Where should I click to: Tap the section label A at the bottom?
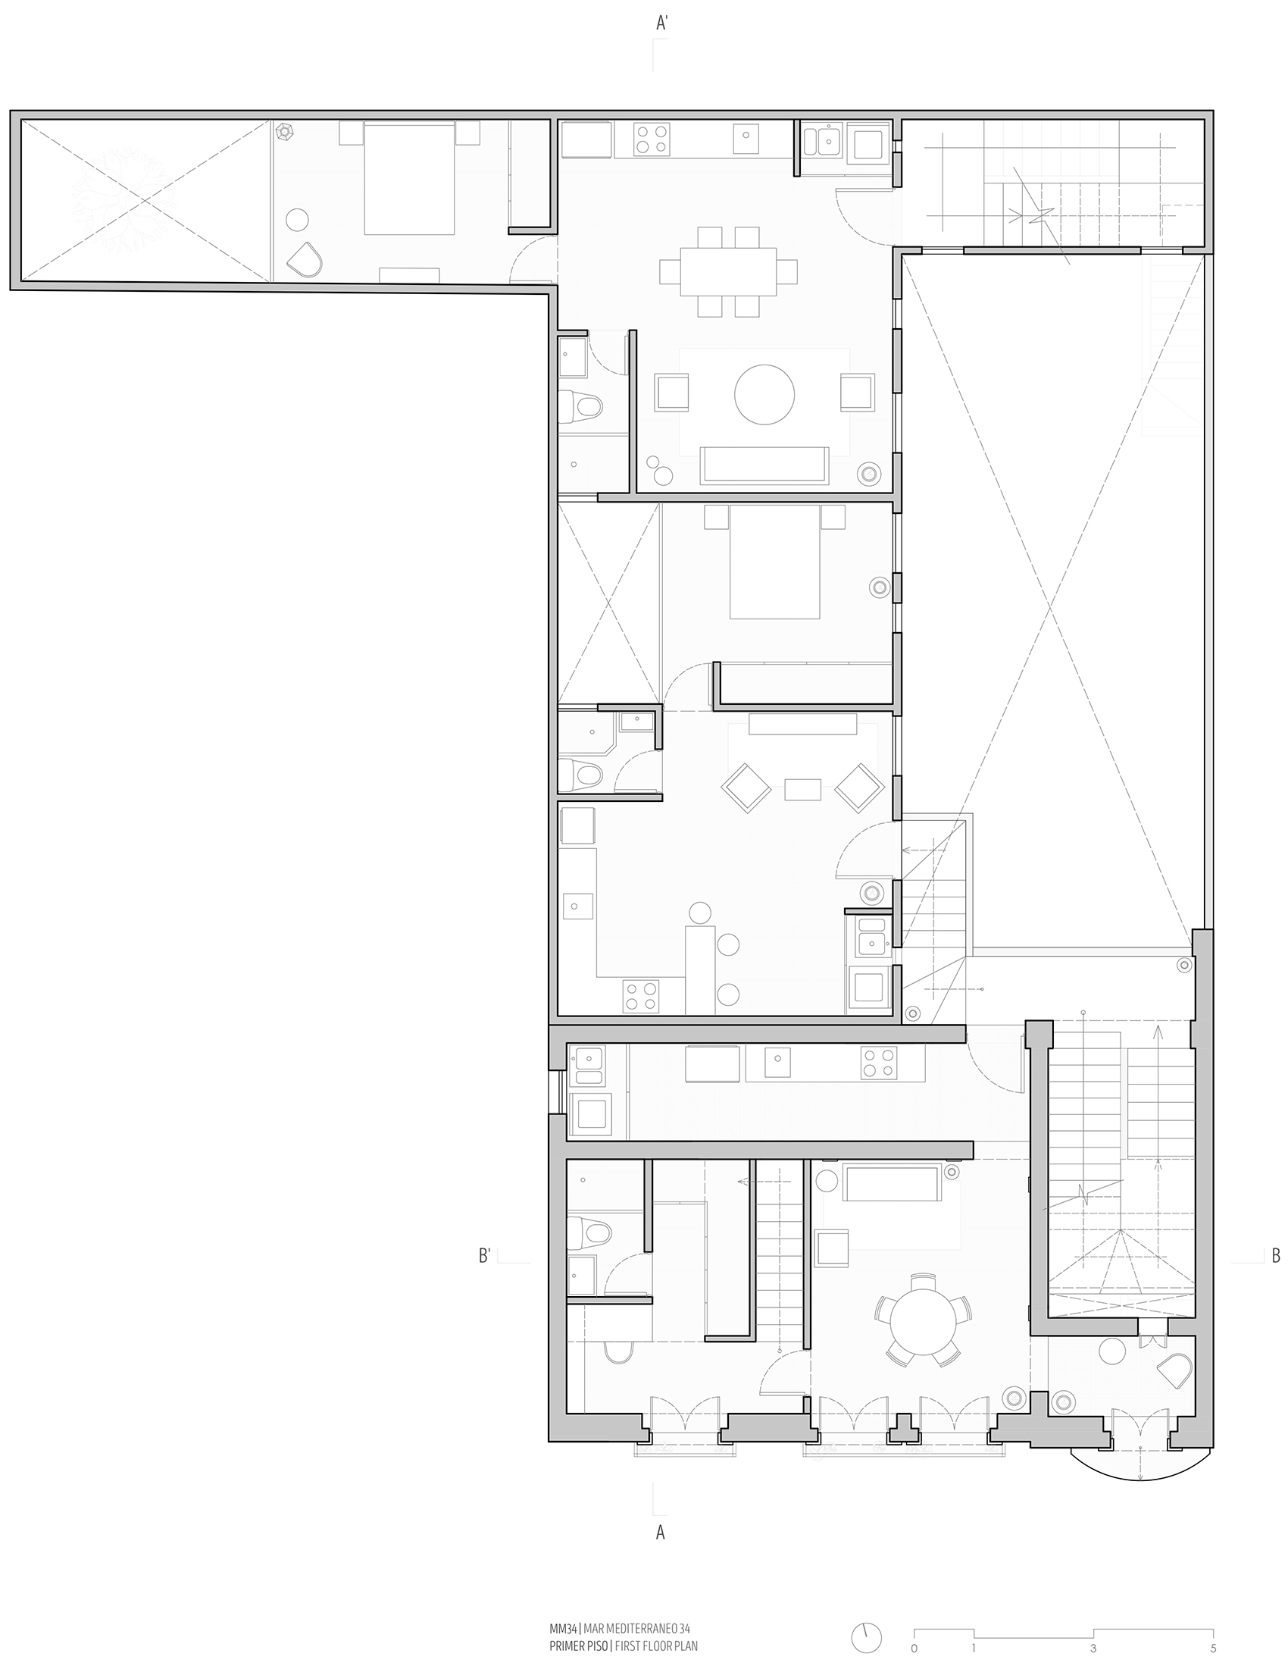click(661, 1532)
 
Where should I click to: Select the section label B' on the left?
click(484, 1256)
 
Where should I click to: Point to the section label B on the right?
click(1276, 1256)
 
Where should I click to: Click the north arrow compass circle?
click(866, 1637)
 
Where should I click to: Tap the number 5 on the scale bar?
click(1213, 1648)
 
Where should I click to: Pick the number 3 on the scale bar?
click(1093, 1648)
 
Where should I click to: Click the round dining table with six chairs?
click(921, 1322)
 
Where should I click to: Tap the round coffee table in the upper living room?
click(764, 394)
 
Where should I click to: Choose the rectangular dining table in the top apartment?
click(728, 271)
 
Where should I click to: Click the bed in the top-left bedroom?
click(408, 177)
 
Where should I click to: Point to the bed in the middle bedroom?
click(775, 562)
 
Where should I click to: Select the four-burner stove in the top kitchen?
click(652, 139)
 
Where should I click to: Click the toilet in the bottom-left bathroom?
click(589, 1232)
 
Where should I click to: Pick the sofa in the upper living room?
click(764, 465)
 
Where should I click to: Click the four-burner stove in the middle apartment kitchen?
click(641, 995)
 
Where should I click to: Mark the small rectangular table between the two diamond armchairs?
click(802, 790)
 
